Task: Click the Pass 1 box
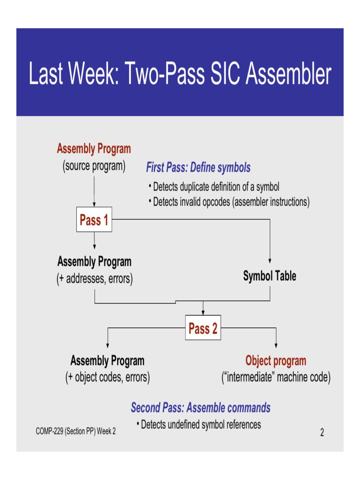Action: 94,220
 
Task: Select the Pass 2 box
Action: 202,329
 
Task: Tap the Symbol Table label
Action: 270,276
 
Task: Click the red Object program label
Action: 276,360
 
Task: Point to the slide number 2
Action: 322,433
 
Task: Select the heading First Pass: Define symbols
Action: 198,167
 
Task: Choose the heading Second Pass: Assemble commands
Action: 201,407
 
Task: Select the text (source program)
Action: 94,166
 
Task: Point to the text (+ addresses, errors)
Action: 94,279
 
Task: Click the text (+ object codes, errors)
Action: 107,377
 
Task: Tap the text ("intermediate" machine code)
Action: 276,377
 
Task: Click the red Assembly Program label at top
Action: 94,149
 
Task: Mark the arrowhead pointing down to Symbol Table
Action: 270,262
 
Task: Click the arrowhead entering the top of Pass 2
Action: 202,313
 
